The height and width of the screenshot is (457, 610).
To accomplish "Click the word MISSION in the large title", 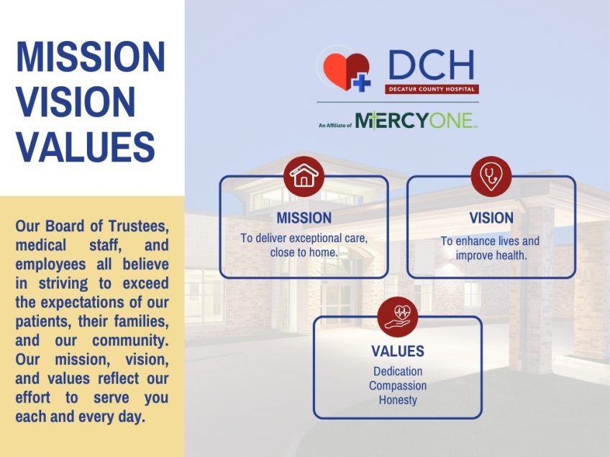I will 91,57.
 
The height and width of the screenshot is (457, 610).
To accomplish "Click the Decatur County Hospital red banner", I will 432,89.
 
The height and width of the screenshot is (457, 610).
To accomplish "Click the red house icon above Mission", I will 304,177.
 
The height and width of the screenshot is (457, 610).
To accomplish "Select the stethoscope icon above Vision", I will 491,177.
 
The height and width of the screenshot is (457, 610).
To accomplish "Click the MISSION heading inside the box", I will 304,218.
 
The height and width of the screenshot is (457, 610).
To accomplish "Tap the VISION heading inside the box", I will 491,218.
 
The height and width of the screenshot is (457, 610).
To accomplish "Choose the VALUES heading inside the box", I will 397,351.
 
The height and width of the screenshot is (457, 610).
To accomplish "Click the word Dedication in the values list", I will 398,371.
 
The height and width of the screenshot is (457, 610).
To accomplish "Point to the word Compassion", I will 398,386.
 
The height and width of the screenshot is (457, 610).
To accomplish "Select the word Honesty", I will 398,400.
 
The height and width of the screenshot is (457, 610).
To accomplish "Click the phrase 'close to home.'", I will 304,253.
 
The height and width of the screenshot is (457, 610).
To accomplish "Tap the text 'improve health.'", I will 491,256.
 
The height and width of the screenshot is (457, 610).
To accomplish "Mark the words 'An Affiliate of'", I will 334,125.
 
